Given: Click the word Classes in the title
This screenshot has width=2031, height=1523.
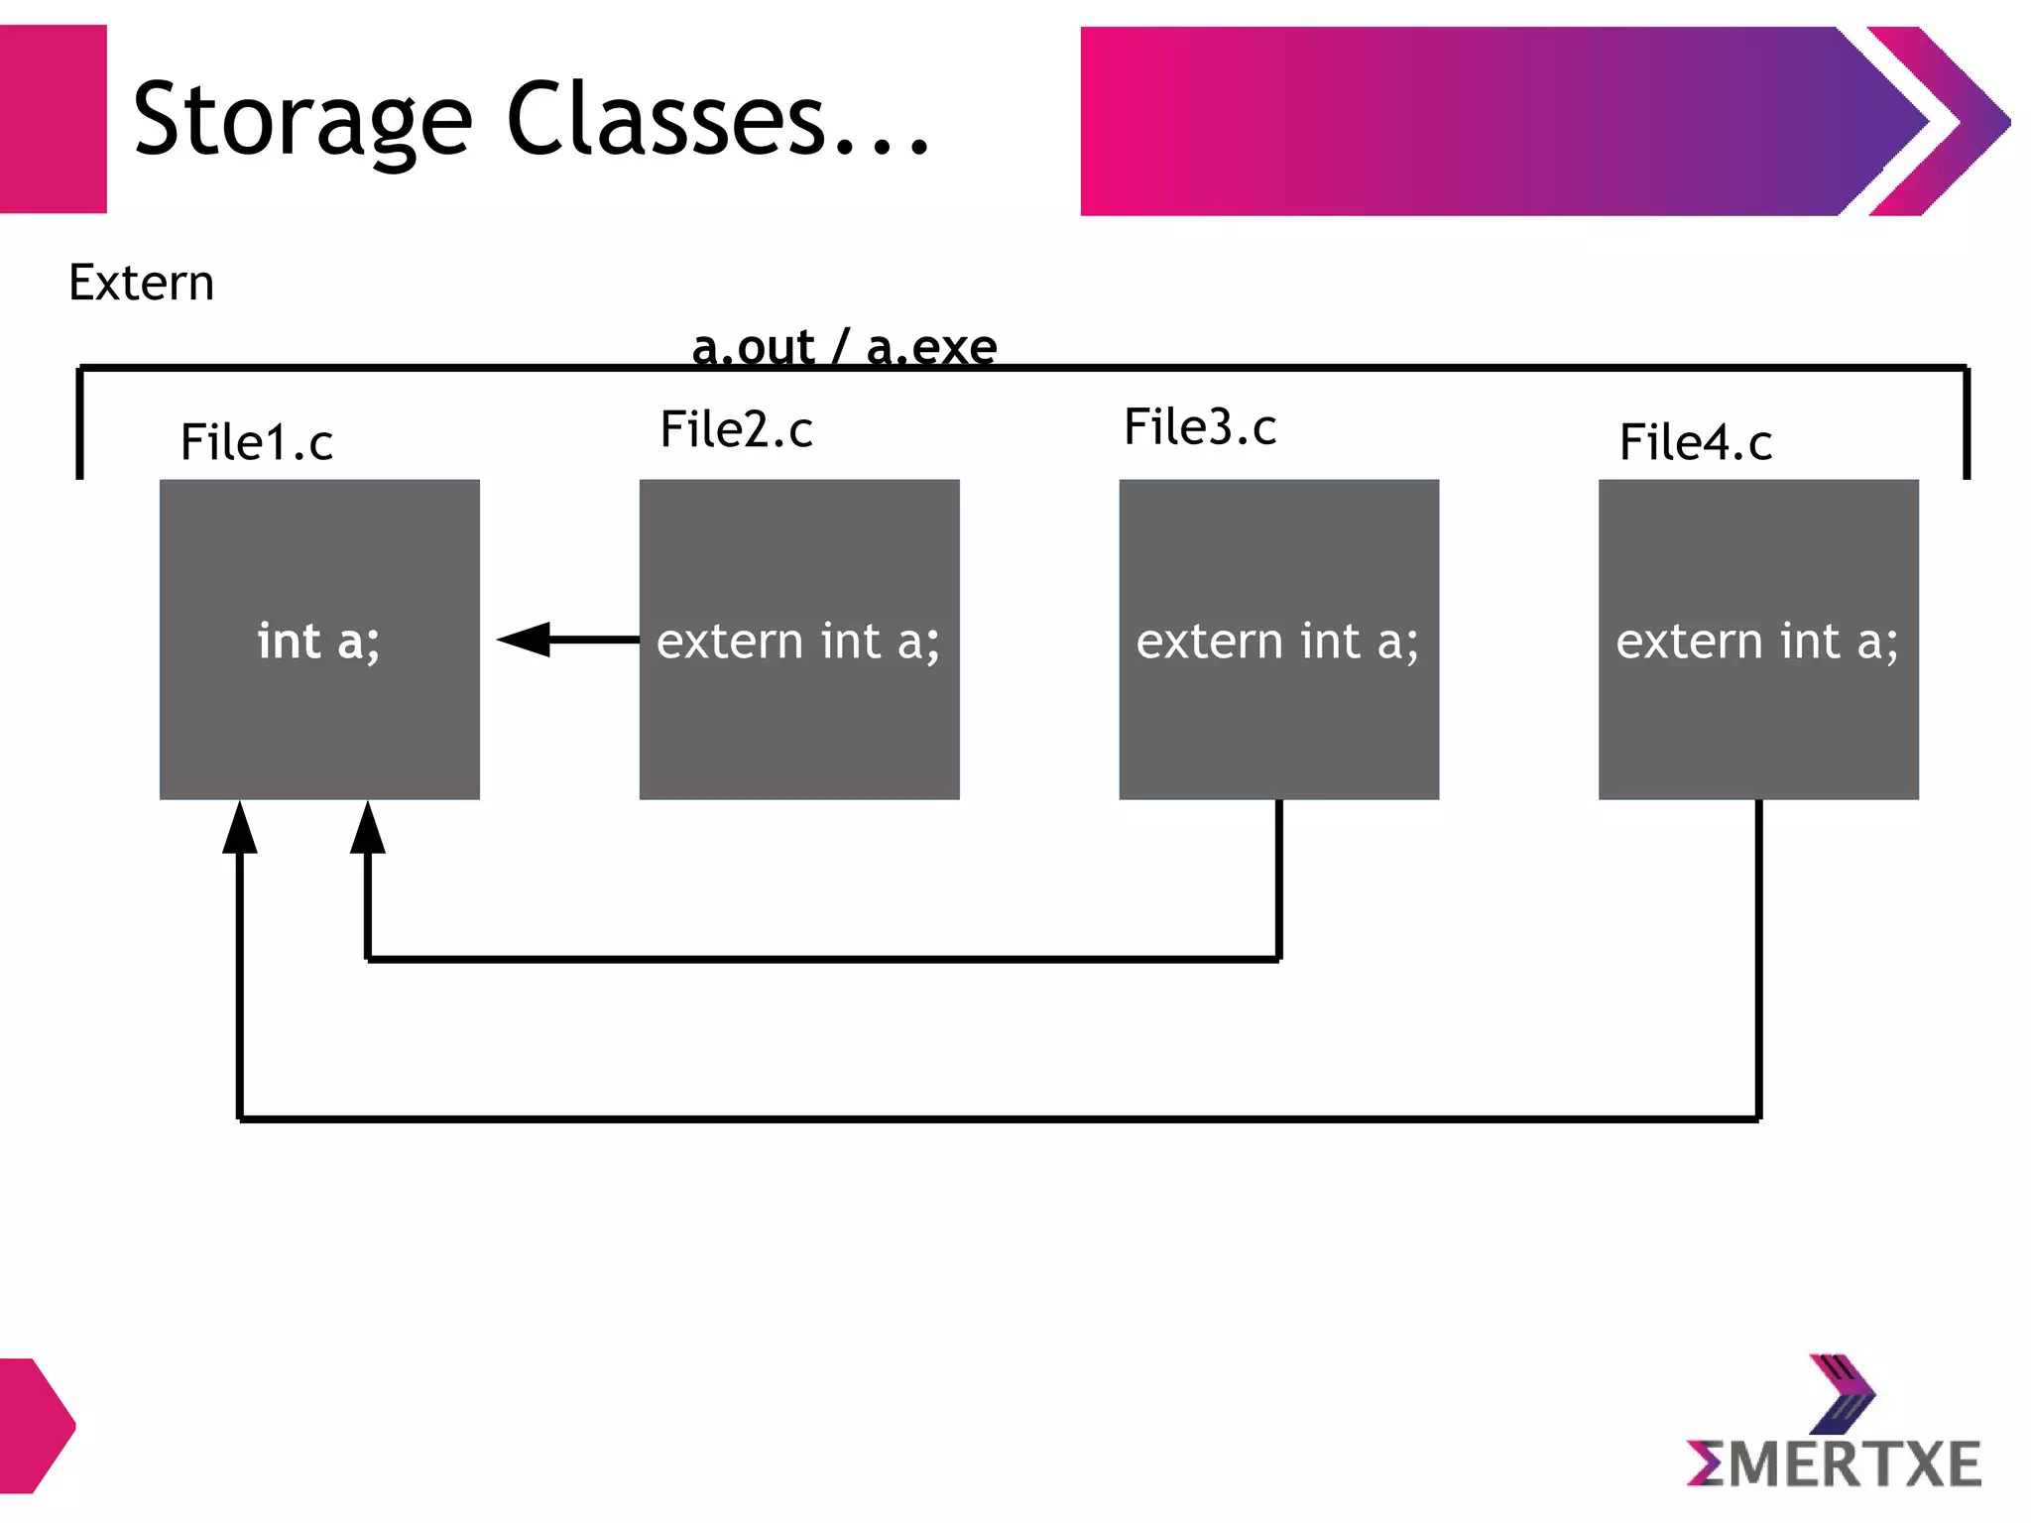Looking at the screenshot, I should (x=666, y=119).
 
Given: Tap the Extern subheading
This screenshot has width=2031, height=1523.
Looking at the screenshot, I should (x=141, y=283).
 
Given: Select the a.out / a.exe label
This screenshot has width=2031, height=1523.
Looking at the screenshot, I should (x=844, y=347).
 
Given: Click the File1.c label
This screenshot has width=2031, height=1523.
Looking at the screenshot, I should (x=256, y=442).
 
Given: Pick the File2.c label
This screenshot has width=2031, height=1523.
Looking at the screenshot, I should (x=736, y=429).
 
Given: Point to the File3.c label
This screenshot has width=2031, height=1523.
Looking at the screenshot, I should (x=1200, y=427).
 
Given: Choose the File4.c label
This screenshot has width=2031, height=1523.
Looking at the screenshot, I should (x=1695, y=442).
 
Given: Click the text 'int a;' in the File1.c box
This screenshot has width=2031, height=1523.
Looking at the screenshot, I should (x=318, y=641).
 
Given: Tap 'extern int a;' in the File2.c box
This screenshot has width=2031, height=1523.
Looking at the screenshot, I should (x=798, y=641).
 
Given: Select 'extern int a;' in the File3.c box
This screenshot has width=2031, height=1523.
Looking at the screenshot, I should (x=1277, y=641).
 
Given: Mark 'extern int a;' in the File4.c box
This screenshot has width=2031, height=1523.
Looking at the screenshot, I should (x=1757, y=641).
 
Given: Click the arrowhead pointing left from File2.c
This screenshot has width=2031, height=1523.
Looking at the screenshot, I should (x=525, y=640).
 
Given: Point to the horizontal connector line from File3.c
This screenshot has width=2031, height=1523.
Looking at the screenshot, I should (x=823, y=959).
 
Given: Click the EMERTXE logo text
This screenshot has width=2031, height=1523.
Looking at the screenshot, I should (x=1834, y=1464).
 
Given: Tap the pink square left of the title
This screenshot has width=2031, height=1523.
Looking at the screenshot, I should (x=53, y=119).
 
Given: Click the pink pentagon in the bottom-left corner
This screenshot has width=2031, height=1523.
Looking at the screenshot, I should (x=35, y=1426).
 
